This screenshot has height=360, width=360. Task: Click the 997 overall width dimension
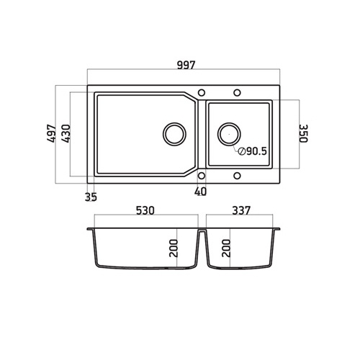click(x=186, y=65)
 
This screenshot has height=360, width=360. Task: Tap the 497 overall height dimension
click(x=52, y=133)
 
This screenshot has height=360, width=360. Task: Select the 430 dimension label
click(x=66, y=133)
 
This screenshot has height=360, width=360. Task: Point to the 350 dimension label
click(x=303, y=133)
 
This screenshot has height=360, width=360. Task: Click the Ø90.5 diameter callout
click(x=253, y=151)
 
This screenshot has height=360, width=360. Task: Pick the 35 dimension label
click(x=91, y=197)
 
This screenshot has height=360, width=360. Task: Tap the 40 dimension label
click(x=200, y=192)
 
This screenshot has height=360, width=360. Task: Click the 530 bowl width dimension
click(x=145, y=210)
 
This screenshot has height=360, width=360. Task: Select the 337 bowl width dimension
click(x=241, y=210)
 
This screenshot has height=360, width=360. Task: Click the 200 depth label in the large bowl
click(x=174, y=248)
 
